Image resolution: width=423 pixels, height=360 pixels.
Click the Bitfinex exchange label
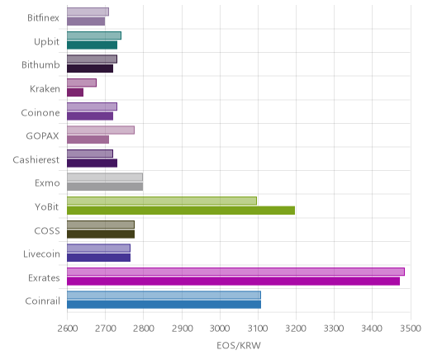[x=43, y=18]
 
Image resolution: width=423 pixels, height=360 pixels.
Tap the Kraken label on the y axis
[x=45, y=89]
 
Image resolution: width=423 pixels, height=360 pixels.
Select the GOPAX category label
[x=42, y=136]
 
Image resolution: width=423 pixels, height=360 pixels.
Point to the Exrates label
[x=44, y=278]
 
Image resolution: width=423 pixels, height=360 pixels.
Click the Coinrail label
[x=43, y=301]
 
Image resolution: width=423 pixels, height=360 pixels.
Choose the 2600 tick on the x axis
[x=67, y=329]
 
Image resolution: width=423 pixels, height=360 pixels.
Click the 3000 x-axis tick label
[x=220, y=329]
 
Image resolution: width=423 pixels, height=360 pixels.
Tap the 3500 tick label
[x=411, y=329]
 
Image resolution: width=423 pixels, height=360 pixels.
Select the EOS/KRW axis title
[x=239, y=346]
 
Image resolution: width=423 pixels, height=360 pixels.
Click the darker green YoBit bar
[x=181, y=211]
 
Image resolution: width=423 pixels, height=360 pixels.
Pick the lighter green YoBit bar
[x=162, y=201]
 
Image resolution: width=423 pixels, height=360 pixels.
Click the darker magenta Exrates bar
[x=234, y=282]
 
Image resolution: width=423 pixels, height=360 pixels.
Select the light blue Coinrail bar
[x=164, y=295]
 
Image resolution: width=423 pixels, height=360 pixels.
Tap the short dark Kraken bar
[x=75, y=92]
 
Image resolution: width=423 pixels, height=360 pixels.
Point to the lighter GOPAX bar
[x=101, y=130]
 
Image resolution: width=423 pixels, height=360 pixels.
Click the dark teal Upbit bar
[x=93, y=45]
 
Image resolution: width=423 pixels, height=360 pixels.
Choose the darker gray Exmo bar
[x=105, y=187]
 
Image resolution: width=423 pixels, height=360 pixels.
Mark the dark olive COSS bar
[x=101, y=234]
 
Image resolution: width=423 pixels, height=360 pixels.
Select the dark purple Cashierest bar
[x=93, y=163]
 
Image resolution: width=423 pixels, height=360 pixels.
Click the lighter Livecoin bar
[x=99, y=249]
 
